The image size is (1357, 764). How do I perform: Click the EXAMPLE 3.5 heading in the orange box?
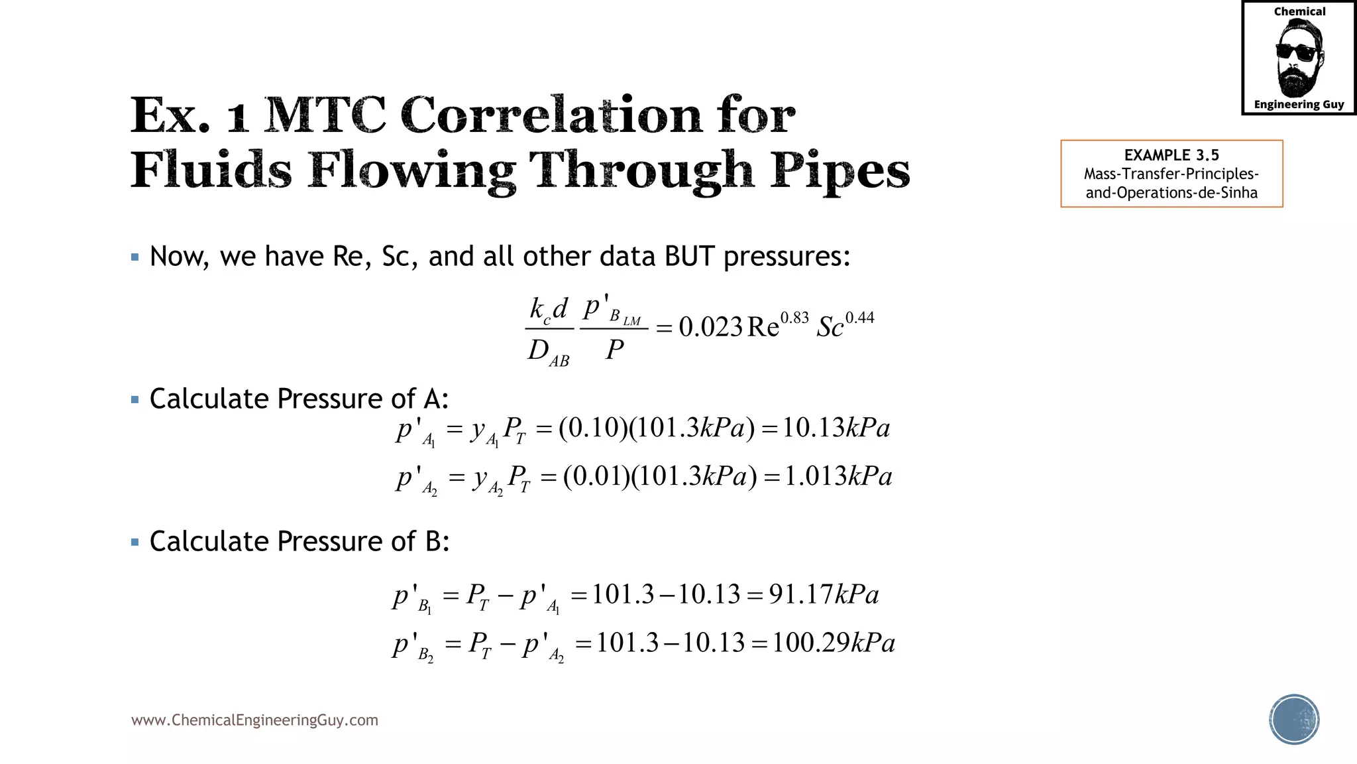[x=1171, y=155]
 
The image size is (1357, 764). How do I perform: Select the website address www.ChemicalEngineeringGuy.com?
[x=254, y=720]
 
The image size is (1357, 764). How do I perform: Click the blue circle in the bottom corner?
[x=1294, y=720]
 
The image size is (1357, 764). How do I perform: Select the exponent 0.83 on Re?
[x=794, y=318]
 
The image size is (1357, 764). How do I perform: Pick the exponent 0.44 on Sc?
[x=859, y=318]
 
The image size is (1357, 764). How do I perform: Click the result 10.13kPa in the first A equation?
[x=836, y=428]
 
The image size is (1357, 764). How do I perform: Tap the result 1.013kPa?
[x=838, y=477]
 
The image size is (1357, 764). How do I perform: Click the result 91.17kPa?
[x=824, y=594]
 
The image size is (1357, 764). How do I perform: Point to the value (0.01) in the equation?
[x=596, y=477]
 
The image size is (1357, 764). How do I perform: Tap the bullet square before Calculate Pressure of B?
[x=135, y=542]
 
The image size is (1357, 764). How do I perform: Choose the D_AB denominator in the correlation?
[x=548, y=351]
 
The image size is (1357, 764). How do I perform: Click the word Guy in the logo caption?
[x=1333, y=104]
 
